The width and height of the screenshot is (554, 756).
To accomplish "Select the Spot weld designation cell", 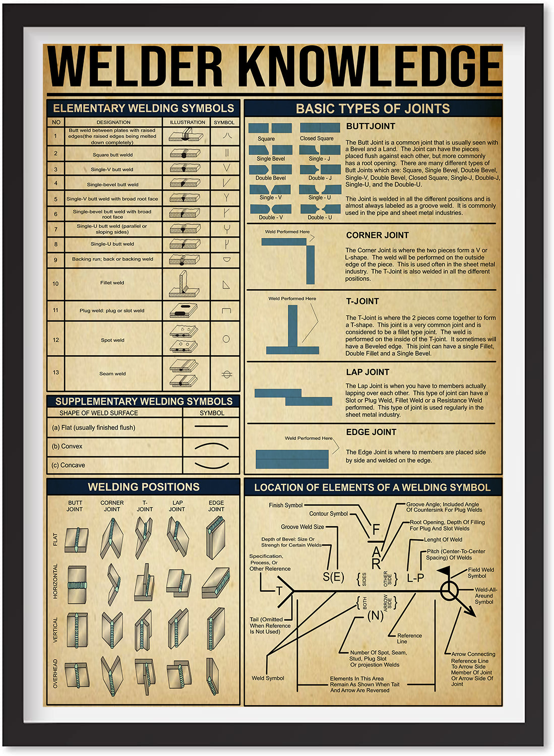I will (x=112, y=340).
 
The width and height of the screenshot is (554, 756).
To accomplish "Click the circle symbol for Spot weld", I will (x=226, y=339).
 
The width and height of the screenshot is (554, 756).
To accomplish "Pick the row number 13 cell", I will (x=55, y=372).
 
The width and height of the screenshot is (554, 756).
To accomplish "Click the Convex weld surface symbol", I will (x=212, y=446).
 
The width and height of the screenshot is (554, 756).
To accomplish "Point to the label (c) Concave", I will (x=69, y=465).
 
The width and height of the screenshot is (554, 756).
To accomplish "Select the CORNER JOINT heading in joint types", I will (x=377, y=235).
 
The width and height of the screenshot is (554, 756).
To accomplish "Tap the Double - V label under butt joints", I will (x=271, y=218).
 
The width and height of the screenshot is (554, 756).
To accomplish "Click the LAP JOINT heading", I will (x=367, y=372).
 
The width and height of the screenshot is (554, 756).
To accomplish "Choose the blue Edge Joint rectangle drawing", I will (x=292, y=459).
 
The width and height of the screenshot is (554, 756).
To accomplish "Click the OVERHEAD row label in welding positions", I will (x=55, y=673).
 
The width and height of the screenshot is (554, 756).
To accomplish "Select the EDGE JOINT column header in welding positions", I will (x=216, y=506).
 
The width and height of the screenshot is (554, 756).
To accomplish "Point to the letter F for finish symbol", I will (x=376, y=530).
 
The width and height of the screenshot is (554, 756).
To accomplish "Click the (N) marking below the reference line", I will (x=375, y=615).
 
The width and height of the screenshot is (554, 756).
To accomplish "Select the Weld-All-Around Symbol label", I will (x=485, y=595).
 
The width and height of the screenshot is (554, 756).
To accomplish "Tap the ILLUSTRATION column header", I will (x=187, y=122).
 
